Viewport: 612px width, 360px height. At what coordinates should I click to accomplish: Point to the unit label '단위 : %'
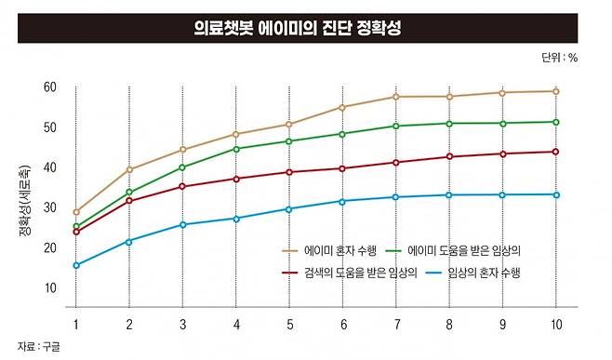(560, 58)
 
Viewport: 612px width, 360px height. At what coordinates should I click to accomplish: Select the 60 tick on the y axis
(49, 87)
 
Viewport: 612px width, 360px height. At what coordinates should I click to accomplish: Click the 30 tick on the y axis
(49, 207)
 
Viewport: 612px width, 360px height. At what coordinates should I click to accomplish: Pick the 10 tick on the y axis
(49, 287)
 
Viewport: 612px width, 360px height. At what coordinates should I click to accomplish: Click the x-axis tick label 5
(289, 325)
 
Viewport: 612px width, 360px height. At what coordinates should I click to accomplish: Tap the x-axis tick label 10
(556, 325)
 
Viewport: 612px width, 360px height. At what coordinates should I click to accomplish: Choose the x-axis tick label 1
(76, 325)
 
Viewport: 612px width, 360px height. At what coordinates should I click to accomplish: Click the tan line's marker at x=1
(76, 212)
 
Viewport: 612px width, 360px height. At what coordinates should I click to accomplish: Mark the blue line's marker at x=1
(76, 265)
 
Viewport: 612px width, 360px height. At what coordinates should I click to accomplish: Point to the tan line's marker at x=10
(556, 91)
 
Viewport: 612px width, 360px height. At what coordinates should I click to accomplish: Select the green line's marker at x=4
(236, 149)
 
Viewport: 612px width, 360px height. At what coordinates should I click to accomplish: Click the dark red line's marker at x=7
(396, 163)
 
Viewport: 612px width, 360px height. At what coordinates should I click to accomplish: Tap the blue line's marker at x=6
(343, 201)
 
